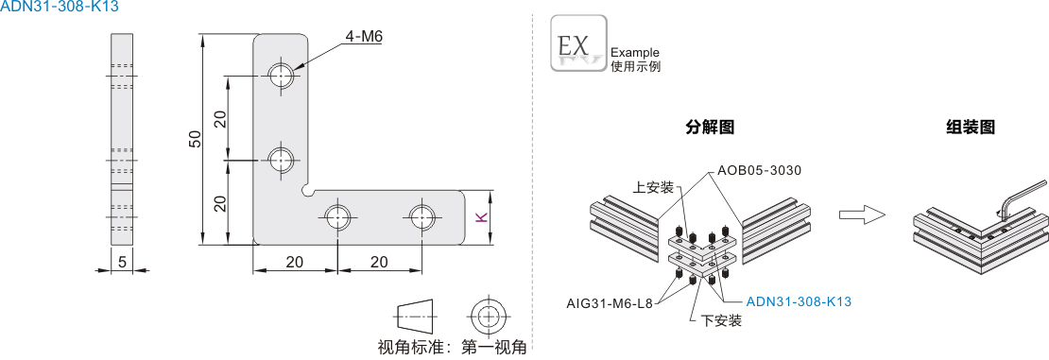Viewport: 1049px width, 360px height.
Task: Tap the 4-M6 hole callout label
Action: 364,38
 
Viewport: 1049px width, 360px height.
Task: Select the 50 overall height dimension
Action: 196,140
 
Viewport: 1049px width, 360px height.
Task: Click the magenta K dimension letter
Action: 479,217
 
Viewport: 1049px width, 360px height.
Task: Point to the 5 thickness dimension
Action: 122,263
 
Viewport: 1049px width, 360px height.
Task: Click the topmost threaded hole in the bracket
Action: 281,75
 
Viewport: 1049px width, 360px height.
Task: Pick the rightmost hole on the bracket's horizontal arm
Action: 421,216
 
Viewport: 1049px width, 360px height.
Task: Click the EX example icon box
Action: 578,43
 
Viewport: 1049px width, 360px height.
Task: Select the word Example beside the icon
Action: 635,53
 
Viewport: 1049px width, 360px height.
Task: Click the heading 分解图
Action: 710,128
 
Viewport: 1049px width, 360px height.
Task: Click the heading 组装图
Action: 971,128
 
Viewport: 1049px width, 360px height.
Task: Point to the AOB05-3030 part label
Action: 759,170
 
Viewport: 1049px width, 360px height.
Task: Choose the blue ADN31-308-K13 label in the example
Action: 799,301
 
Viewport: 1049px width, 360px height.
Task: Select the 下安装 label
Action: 722,321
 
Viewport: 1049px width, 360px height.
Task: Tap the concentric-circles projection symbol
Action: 490,315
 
